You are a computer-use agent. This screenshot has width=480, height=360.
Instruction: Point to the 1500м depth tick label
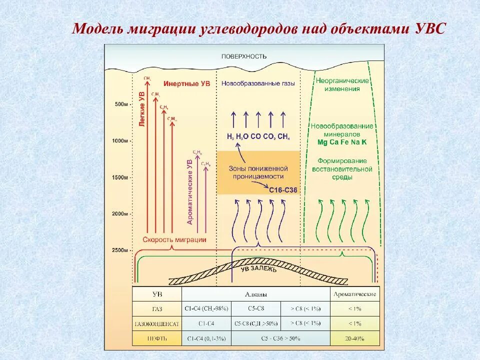point(120,177)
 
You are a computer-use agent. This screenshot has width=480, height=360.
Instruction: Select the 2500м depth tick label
point(120,250)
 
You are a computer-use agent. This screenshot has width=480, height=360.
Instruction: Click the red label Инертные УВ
point(186,83)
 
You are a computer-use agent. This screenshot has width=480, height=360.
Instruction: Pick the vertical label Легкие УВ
point(142,109)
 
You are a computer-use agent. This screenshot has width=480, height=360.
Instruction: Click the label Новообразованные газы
point(258,83)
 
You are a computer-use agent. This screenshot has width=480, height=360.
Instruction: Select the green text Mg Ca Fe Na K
point(342,142)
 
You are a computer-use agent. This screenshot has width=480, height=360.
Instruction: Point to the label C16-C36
point(283,190)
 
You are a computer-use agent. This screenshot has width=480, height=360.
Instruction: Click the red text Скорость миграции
point(174,239)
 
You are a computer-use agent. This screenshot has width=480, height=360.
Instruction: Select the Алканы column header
point(256,294)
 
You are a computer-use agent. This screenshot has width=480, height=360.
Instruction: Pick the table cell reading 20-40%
point(354,338)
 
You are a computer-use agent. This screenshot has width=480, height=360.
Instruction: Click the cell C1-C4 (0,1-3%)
point(206,338)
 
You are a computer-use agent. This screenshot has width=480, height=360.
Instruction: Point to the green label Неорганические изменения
point(342,84)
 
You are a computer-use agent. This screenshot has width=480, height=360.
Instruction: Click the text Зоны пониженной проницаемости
point(258,172)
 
